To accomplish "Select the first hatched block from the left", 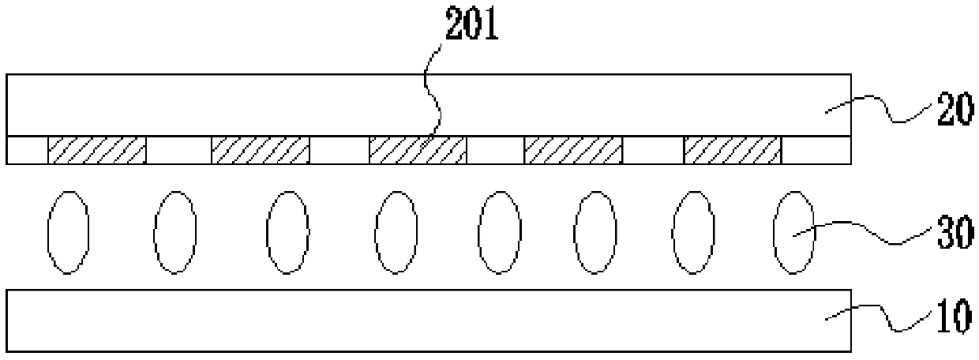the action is click(x=97, y=150).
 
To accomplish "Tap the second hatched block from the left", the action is click(x=260, y=150).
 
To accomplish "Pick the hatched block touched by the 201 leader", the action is click(x=418, y=150).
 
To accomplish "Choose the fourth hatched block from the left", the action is click(x=573, y=150).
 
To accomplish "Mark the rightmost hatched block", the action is click(x=732, y=150).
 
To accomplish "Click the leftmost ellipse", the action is click(x=69, y=231).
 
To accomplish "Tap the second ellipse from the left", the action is click(x=175, y=231).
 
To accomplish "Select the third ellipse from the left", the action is click(x=287, y=231).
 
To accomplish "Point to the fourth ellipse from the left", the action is click(x=396, y=231).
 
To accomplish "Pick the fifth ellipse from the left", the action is click(x=500, y=231).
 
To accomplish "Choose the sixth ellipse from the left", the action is click(x=595, y=231).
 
